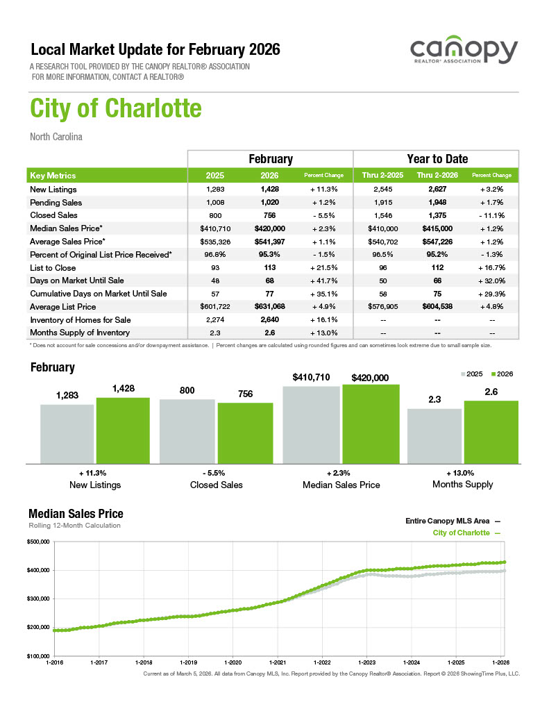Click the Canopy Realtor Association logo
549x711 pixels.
point(464,53)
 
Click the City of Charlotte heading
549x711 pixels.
point(116,109)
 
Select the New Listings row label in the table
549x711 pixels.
point(53,190)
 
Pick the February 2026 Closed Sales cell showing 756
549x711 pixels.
point(269,215)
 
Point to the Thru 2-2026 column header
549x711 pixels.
point(435,176)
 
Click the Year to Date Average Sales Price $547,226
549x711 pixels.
point(435,242)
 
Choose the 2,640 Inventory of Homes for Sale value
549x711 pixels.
point(269,319)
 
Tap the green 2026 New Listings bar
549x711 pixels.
point(123,430)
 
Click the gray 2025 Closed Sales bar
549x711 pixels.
point(187,430)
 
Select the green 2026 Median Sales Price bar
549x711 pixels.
point(371,424)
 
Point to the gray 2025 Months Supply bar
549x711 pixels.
point(434,435)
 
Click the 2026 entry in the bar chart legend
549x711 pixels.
point(501,374)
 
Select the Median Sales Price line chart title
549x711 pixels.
point(76,514)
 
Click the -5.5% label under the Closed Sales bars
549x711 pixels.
point(216,472)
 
